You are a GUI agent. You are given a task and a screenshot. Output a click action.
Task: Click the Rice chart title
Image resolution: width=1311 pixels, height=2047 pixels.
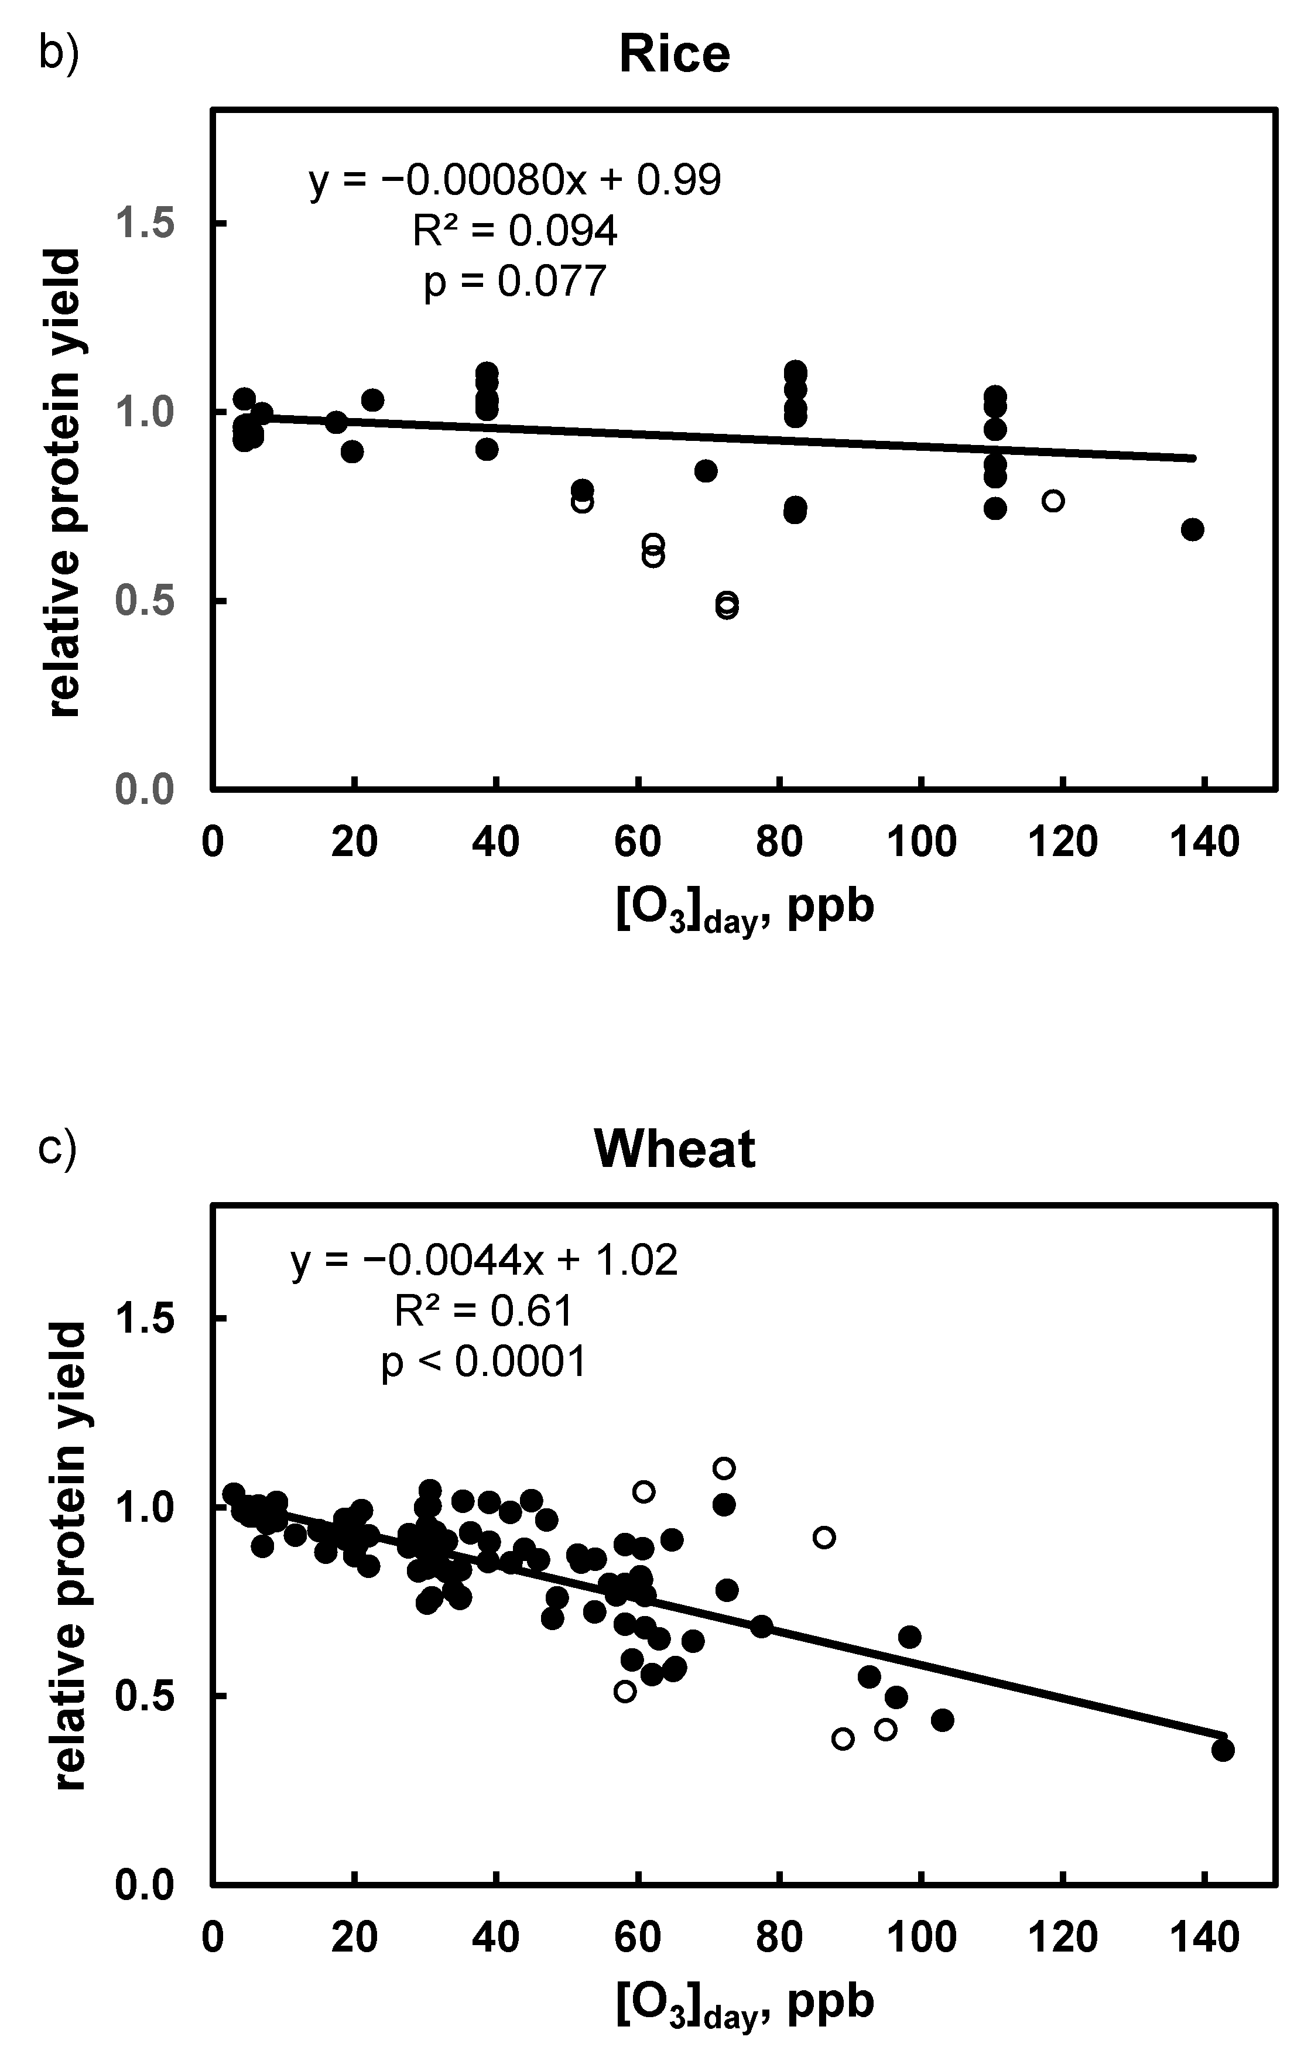click(673, 54)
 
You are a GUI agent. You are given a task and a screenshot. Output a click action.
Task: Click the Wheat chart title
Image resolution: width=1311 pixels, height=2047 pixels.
click(673, 1149)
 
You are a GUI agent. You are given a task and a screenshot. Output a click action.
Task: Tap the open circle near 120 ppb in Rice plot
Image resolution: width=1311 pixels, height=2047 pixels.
click(1053, 501)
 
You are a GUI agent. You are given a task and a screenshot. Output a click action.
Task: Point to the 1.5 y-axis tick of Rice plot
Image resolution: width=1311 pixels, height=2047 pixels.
click(158, 224)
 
